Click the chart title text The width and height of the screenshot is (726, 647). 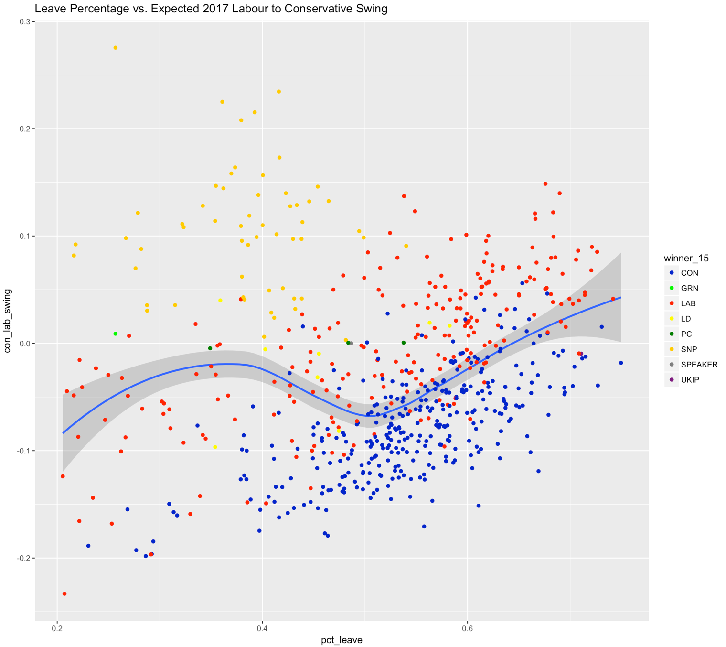tap(211, 9)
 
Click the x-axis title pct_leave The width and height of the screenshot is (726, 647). tap(342, 640)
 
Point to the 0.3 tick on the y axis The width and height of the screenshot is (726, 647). tap(24, 22)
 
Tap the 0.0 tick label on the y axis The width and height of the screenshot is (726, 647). tap(24, 344)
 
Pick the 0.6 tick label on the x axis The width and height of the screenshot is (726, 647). tap(467, 626)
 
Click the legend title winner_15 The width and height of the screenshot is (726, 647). tap(686, 259)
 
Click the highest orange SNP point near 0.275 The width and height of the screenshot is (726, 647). tap(116, 48)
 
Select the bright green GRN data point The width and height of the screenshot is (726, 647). tap(116, 334)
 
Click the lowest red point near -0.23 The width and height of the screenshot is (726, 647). tap(64, 593)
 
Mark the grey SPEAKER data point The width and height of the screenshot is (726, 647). tap(351, 344)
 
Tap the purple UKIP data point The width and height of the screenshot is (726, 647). tap(581, 354)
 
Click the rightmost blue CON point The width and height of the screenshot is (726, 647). tap(621, 363)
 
